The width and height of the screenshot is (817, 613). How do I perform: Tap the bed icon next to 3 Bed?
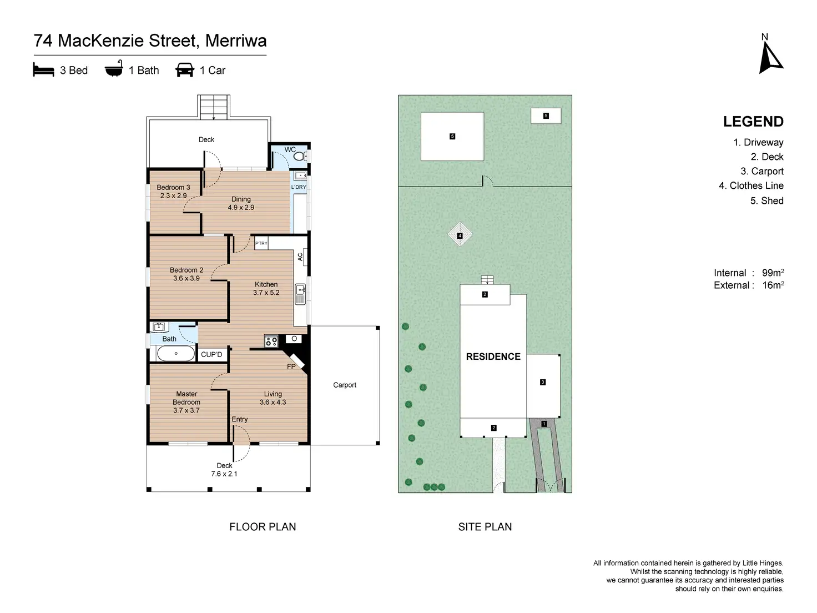[43, 70]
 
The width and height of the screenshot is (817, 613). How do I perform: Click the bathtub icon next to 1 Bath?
[114, 69]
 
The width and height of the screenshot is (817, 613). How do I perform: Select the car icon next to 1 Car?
[185, 70]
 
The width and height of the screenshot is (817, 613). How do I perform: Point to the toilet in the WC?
[299, 157]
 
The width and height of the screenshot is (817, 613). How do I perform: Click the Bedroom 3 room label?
[173, 188]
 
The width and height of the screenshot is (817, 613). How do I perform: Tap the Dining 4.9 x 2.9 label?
[241, 203]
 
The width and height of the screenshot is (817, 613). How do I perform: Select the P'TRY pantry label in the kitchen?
[261, 243]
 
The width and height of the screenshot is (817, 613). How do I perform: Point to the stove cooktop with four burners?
[271, 341]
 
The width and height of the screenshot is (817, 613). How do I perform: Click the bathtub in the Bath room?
[175, 353]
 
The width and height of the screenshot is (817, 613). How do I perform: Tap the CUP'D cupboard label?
[211, 354]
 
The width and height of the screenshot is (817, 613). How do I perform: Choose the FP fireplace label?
[291, 366]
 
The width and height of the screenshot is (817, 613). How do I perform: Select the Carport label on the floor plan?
[345, 385]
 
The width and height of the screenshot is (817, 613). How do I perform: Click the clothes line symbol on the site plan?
[460, 235]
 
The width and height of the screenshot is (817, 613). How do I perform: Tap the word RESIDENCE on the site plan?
[493, 356]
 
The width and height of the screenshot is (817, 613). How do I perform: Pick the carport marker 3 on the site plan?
[543, 382]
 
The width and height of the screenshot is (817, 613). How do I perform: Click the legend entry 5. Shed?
[766, 200]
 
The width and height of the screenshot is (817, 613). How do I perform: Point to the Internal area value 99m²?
[773, 273]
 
